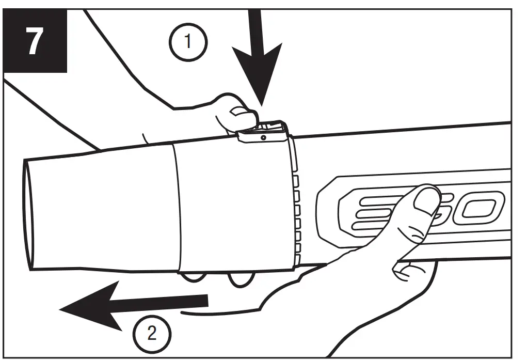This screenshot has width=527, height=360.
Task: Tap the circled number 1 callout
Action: click(x=187, y=42)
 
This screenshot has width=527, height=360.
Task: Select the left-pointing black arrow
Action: click(x=129, y=306)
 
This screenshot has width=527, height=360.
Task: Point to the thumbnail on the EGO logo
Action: click(x=425, y=203)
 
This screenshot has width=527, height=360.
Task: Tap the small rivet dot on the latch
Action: click(x=263, y=138)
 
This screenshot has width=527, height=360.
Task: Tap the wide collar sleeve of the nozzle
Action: click(x=232, y=207)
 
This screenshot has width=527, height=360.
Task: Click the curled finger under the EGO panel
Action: click(x=413, y=269)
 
